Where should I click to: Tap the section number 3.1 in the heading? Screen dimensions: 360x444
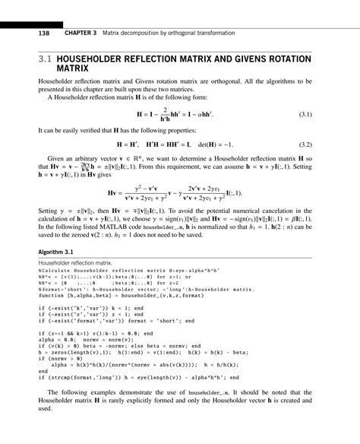[x=46, y=58]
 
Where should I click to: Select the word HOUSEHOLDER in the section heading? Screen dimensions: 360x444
[x=99, y=58]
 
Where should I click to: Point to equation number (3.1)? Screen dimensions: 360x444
[x=305, y=114]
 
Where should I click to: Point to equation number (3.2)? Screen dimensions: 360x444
[x=305, y=144]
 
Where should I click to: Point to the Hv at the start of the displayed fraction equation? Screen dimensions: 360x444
[x=115, y=193]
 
